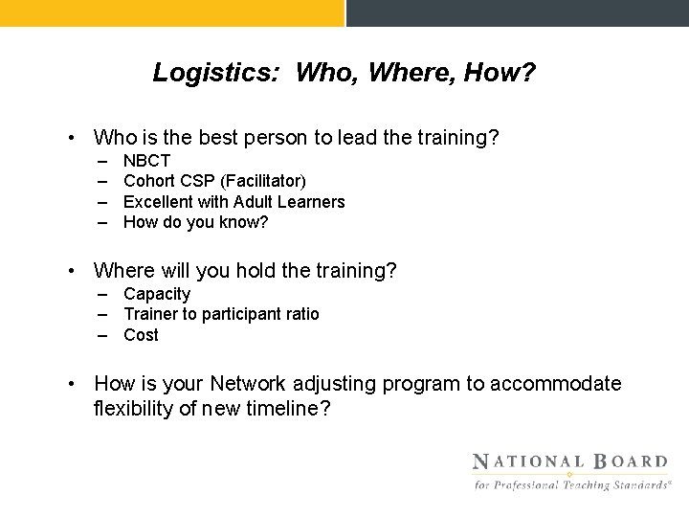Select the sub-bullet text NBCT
[146, 161]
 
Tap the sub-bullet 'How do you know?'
[196, 222]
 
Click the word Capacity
[157, 294]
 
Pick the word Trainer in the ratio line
[151, 314]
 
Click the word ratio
[300, 314]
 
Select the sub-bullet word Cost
[141, 335]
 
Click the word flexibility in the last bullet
[133, 409]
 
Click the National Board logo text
[570, 461]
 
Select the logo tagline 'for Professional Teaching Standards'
[571, 485]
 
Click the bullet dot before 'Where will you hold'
[74, 272]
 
